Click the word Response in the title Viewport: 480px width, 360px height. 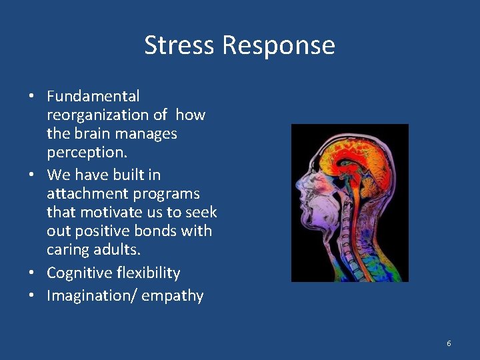(279, 45)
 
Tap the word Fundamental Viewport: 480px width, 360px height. (93, 97)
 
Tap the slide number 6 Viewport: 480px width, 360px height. (449, 343)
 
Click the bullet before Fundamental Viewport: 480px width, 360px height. (32, 97)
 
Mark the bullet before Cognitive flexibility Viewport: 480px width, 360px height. (32, 273)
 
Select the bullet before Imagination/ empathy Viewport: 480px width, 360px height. (32, 296)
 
